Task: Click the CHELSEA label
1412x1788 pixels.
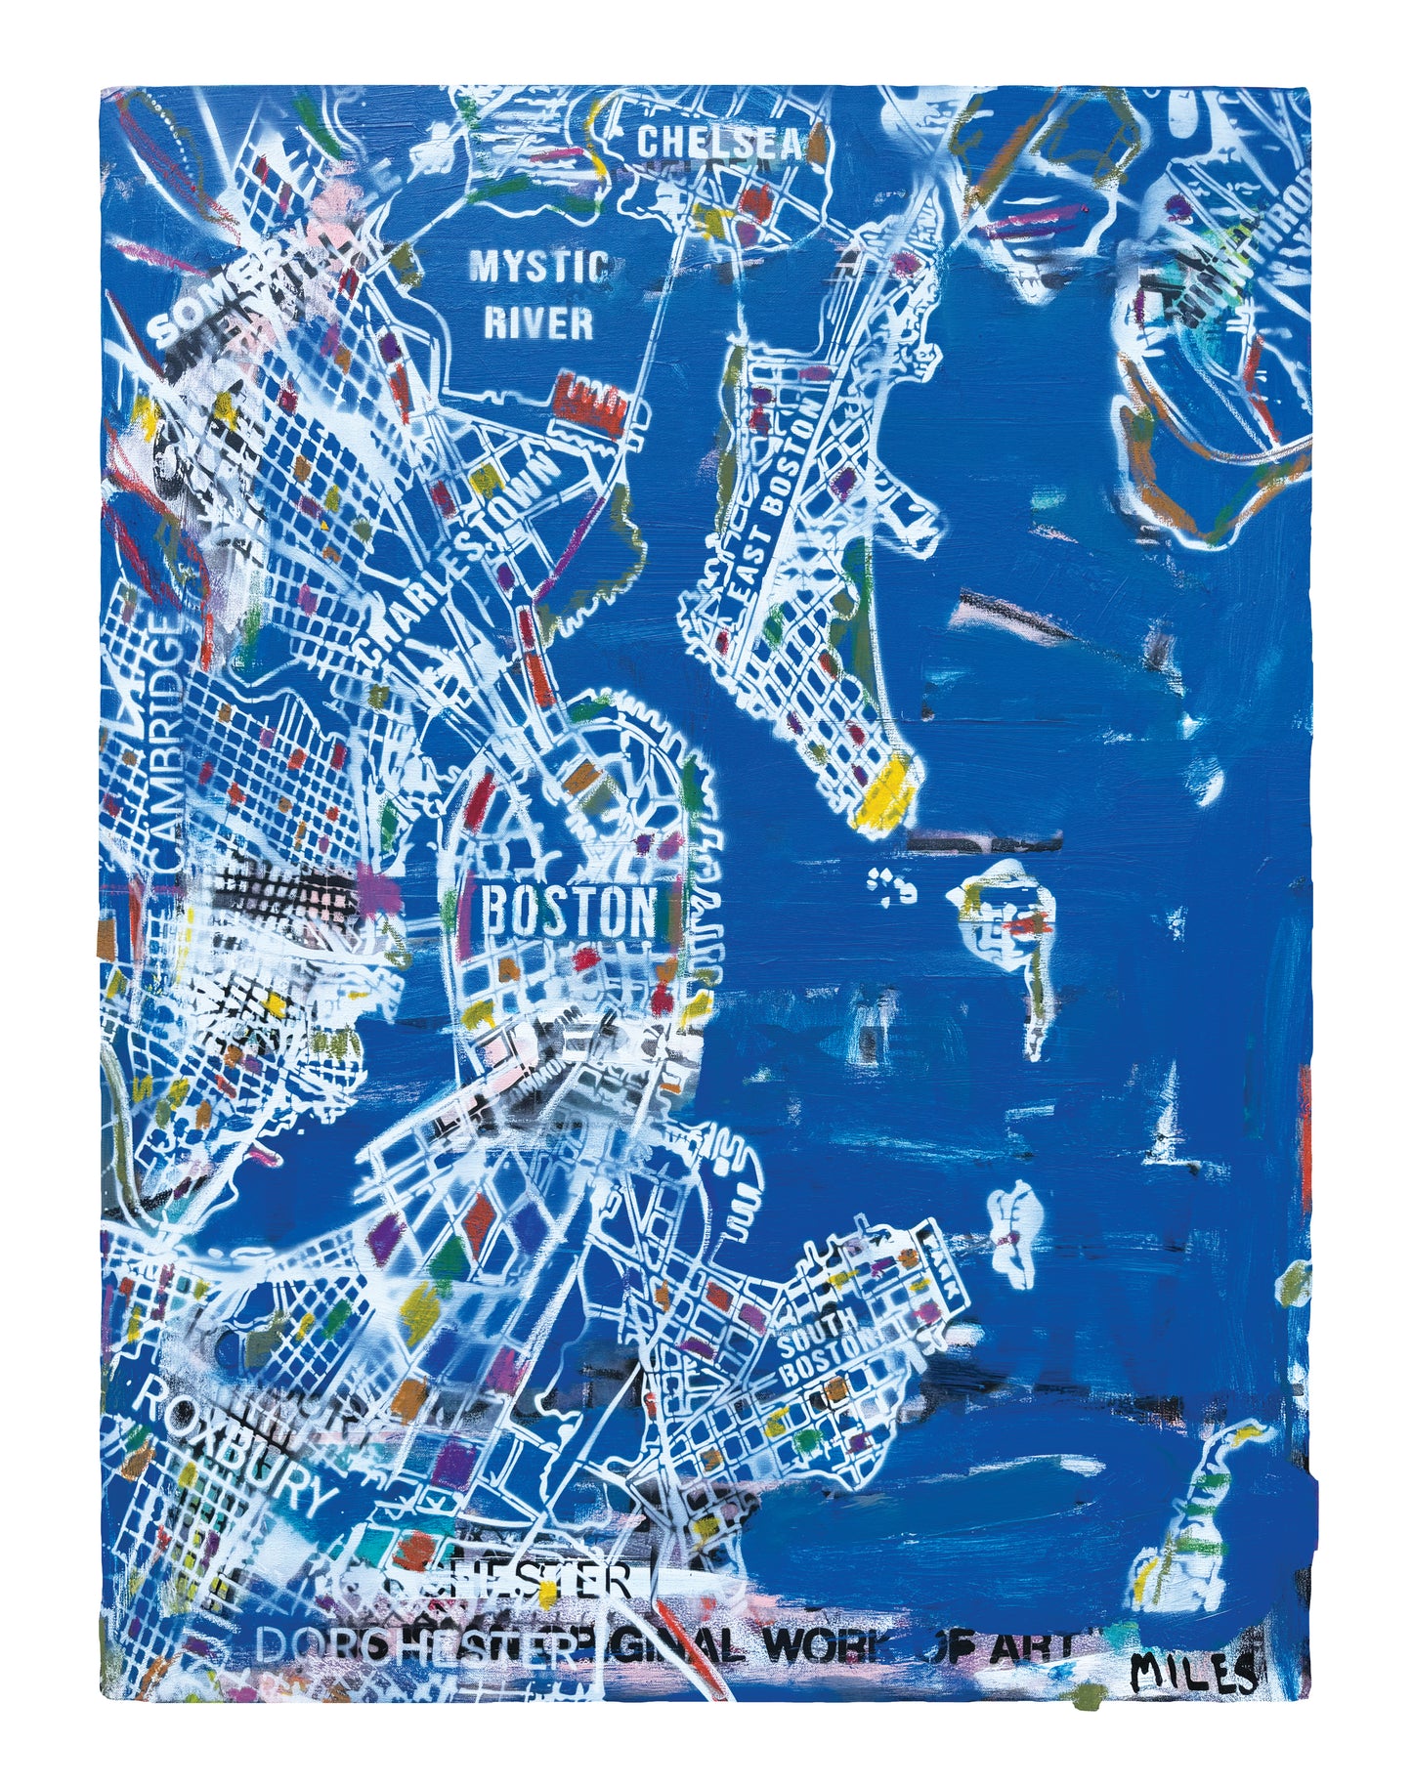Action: (x=719, y=144)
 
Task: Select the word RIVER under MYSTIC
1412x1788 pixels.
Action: (x=538, y=322)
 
